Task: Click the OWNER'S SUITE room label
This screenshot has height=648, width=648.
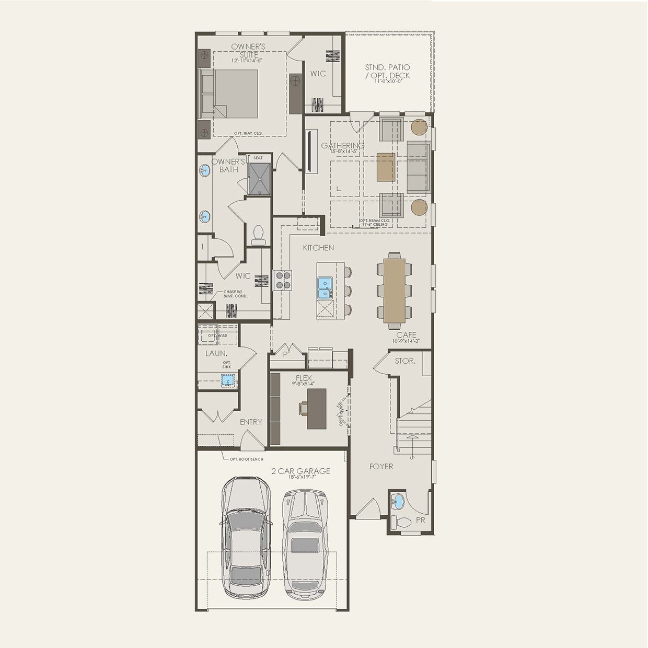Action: (x=248, y=51)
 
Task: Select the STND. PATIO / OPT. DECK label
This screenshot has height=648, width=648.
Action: (x=387, y=72)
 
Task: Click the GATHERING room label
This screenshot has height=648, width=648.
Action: (x=342, y=146)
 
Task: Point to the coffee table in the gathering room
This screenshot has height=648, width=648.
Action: (x=386, y=167)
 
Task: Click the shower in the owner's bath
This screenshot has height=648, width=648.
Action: (x=260, y=179)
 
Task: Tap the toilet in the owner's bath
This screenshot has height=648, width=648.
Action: (x=259, y=235)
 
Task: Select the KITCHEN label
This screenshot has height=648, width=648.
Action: (x=318, y=248)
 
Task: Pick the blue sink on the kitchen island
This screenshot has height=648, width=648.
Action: (x=325, y=288)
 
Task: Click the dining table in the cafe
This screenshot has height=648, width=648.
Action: (x=395, y=290)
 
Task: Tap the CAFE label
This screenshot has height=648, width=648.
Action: (x=406, y=335)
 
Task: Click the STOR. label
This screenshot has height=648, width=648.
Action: (x=405, y=361)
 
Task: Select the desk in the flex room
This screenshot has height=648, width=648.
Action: (x=317, y=409)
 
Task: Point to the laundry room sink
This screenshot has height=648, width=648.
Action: (x=227, y=381)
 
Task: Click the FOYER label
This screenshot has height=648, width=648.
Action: (x=381, y=466)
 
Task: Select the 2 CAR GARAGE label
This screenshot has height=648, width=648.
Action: (x=300, y=471)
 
